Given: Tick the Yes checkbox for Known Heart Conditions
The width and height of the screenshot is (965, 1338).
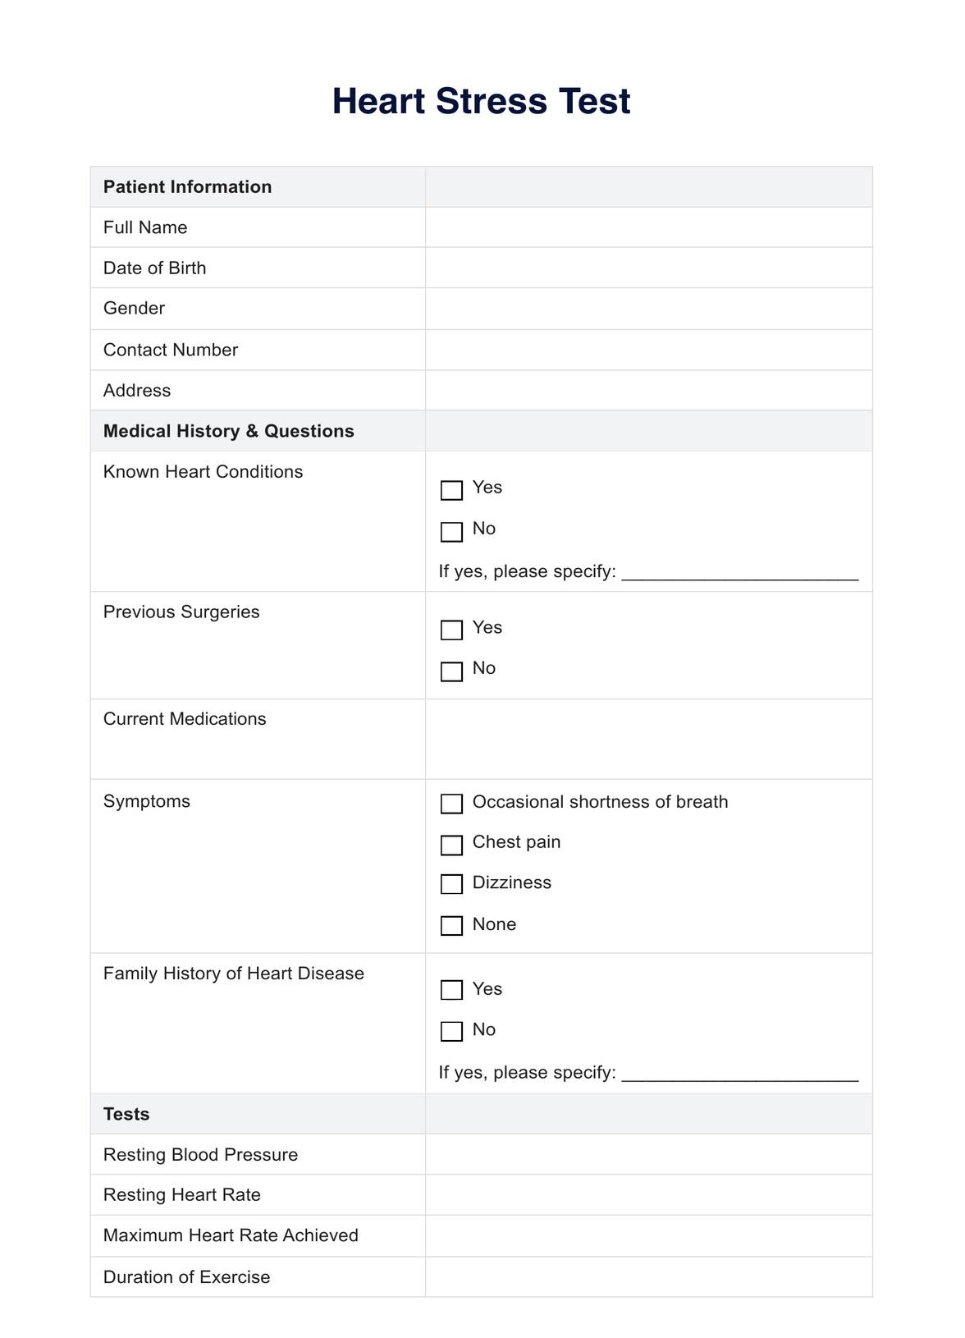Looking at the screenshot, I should click(451, 490).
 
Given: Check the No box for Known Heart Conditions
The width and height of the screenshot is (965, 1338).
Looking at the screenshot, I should click(451, 531).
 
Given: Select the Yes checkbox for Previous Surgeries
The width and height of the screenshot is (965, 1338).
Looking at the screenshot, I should click(451, 630).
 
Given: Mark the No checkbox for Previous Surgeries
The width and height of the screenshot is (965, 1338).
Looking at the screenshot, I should click(451, 671).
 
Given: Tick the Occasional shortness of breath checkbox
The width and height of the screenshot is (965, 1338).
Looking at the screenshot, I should click(451, 804).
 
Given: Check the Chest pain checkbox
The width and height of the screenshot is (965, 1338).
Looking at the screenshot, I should click(451, 845).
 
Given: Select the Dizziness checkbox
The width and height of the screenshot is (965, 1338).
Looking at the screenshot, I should click(451, 884).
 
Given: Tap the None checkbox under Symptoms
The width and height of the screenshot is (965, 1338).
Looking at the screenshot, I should click(451, 925).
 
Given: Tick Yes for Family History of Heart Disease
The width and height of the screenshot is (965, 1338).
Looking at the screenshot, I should click(451, 990).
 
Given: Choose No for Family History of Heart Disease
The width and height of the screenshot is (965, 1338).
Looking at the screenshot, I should click(451, 1031).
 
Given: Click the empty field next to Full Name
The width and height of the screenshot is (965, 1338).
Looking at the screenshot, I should click(648, 227).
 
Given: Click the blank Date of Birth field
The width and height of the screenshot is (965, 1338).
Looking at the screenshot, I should click(648, 268).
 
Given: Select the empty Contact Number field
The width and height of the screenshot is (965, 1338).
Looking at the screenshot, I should click(648, 350).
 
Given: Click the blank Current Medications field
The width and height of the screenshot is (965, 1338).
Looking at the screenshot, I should click(648, 739).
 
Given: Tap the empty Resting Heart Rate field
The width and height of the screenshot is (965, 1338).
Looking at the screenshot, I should click(648, 1195).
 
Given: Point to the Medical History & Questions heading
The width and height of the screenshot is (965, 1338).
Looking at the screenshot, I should click(228, 431).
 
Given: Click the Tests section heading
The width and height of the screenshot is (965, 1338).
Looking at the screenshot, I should click(126, 1114).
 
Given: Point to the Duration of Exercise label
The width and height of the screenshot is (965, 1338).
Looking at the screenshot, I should click(186, 1277).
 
